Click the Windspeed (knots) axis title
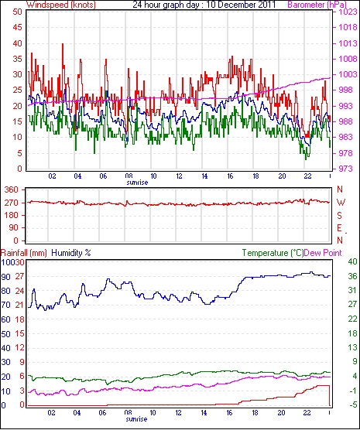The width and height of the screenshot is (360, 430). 61,5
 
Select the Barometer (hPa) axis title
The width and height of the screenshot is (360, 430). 317,5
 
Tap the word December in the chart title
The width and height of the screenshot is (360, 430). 236,5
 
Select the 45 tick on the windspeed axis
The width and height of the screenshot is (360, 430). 17,27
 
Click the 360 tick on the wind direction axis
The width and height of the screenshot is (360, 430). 12,189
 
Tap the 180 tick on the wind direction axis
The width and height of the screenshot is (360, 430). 12,216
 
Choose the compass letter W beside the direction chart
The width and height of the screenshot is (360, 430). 341,203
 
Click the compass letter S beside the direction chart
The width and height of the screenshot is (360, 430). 340,216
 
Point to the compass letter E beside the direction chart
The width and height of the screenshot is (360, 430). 340,228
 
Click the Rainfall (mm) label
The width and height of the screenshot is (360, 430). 24,253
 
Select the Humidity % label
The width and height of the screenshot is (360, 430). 71,253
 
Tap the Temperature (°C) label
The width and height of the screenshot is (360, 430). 273,253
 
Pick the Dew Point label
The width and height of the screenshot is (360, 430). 323,253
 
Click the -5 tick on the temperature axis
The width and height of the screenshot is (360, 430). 352,404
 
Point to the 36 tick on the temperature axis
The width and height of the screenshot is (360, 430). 352,276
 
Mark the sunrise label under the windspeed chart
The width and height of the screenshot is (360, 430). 137,182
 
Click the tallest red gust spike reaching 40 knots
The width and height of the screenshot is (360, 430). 63,44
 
